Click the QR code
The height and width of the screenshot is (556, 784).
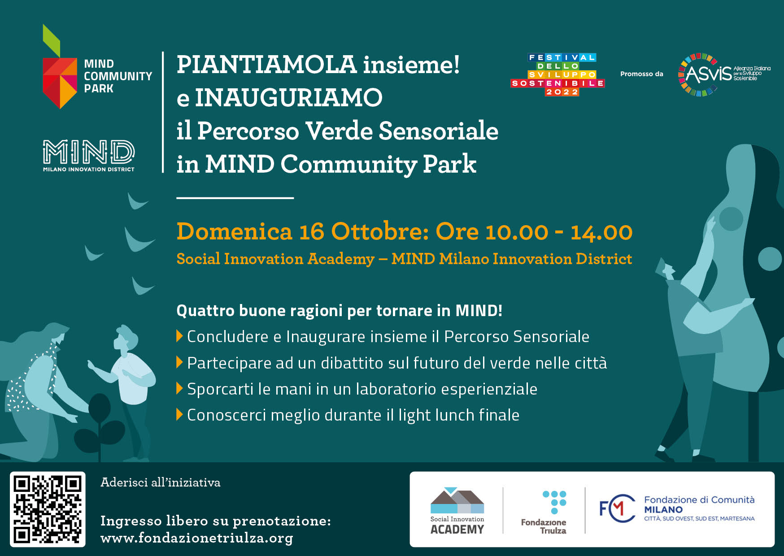(x=48, y=509)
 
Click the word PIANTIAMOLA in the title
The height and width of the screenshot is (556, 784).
(x=266, y=65)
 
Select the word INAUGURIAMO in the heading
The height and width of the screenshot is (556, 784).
(x=288, y=98)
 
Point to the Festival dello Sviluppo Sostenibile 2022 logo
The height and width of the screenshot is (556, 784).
(x=558, y=75)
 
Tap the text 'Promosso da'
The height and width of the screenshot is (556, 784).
(x=641, y=74)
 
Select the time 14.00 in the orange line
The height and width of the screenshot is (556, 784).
(x=601, y=232)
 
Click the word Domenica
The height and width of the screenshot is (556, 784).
(x=234, y=232)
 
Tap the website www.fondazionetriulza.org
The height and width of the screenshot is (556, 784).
(x=196, y=538)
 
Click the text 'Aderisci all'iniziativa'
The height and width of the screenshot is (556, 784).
(x=161, y=482)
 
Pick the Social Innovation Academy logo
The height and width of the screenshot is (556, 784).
(x=457, y=511)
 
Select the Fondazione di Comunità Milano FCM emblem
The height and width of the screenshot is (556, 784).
(x=617, y=508)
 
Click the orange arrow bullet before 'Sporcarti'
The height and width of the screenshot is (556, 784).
(x=179, y=388)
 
